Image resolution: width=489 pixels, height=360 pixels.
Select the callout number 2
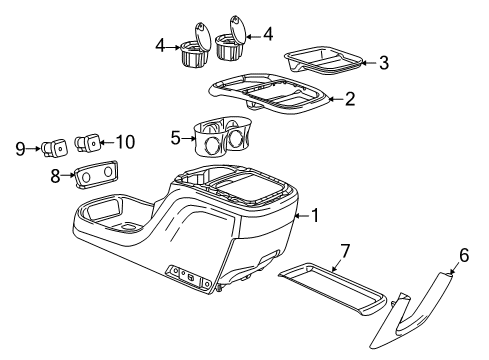pos(349,98)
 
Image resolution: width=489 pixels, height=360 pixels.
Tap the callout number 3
pos(384,63)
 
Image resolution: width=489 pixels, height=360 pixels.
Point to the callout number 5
pos(176,137)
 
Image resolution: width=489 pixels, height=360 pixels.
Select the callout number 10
pos(124,141)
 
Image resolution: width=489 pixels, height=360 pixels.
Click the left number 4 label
pos(160,45)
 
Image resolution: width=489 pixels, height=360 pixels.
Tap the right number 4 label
pos(266,36)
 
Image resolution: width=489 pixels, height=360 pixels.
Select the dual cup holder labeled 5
pos(222,140)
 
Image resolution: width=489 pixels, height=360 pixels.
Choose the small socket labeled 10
pos(93,143)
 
